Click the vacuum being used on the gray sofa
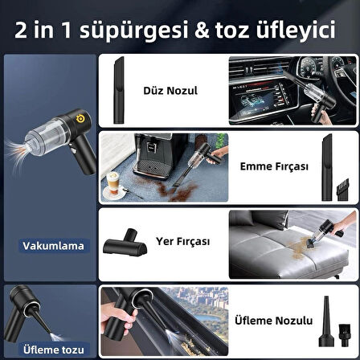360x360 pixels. click(x=324, y=235)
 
